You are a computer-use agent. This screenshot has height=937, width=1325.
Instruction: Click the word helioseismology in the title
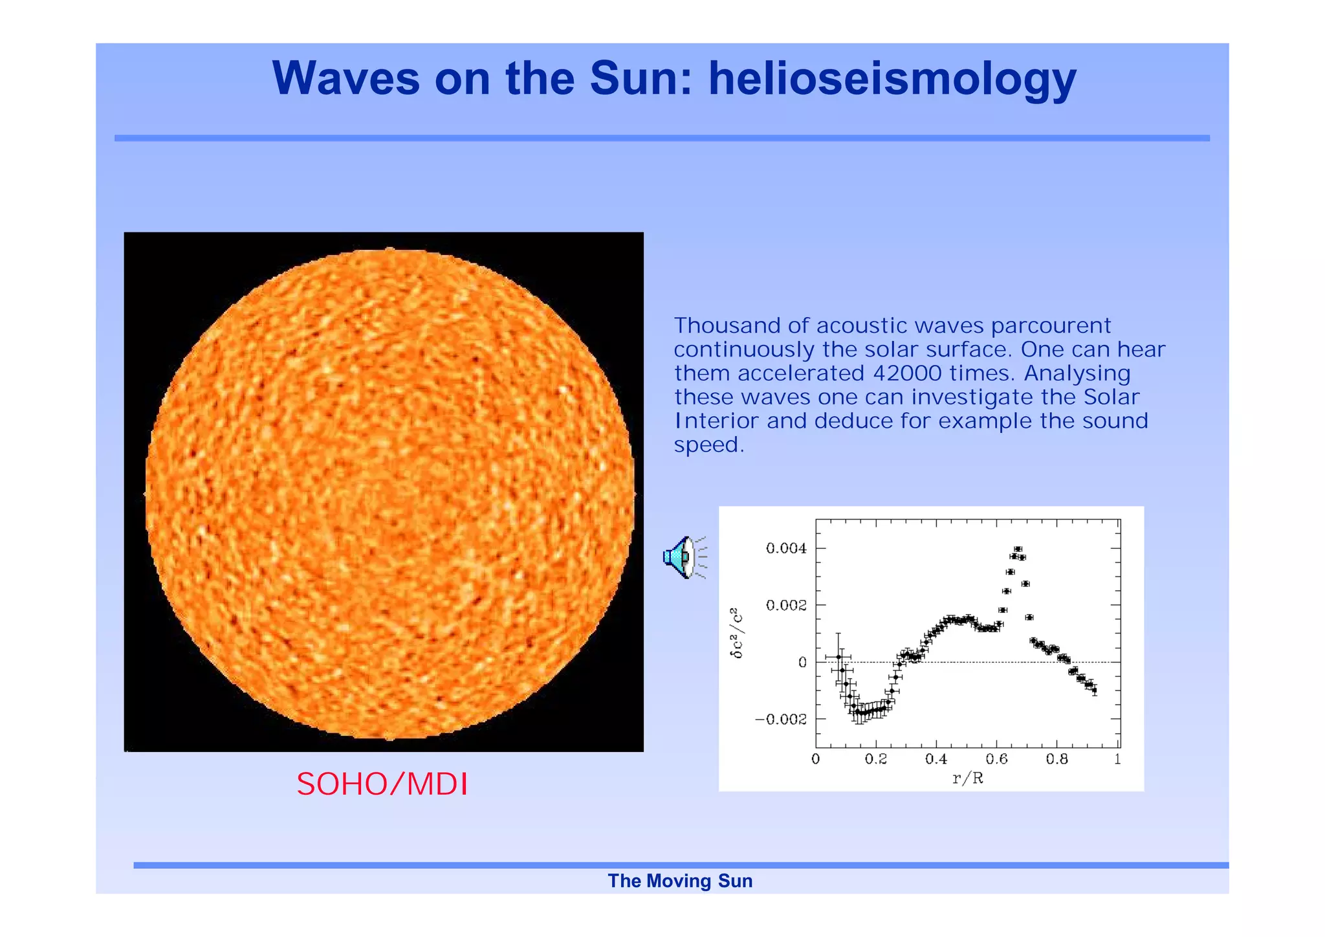pyautogui.click(x=892, y=79)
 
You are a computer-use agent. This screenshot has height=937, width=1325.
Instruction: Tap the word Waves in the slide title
pyautogui.click(x=346, y=79)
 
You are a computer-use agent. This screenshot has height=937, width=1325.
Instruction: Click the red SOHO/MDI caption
pyautogui.click(x=382, y=784)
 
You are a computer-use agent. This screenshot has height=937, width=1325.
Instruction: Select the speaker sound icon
pyautogui.click(x=683, y=557)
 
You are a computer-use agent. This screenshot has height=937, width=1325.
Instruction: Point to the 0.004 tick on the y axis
pyautogui.click(x=786, y=549)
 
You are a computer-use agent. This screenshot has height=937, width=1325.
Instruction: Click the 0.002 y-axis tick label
pyautogui.click(x=786, y=606)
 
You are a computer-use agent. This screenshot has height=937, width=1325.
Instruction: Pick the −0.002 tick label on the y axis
pyautogui.click(x=781, y=720)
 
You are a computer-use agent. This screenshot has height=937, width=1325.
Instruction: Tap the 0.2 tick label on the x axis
pyautogui.click(x=875, y=759)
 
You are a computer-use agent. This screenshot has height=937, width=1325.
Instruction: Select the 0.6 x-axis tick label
pyautogui.click(x=996, y=759)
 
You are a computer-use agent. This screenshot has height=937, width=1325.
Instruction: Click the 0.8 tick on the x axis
pyautogui.click(x=1057, y=759)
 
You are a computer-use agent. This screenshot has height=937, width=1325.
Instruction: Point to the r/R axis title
pyautogui.click(x=967, y=778)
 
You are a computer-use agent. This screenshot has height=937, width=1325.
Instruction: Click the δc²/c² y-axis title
pyautogui.click(x=737, y=633)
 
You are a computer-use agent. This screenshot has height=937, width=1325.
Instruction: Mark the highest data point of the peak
pyautogui.click(x=1018, y=549)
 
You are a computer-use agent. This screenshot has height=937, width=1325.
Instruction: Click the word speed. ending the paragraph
pyautogui.click(x=709, y=445)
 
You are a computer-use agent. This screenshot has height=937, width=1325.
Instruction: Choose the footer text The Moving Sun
pyautogui.click(x=680, y=881)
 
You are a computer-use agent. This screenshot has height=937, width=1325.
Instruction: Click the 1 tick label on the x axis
pyautogui.click(x=1117, y=759)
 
